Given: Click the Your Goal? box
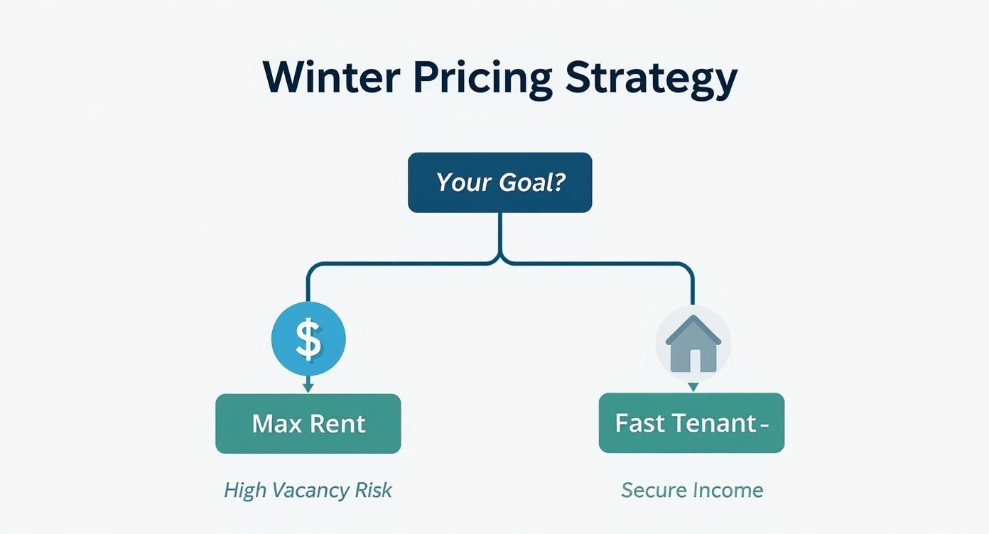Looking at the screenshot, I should click(499, 182).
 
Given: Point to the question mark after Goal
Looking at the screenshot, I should click(558, 182).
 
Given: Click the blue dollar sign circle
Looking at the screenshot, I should click(308, 339).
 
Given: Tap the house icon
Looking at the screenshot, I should click(693, 344).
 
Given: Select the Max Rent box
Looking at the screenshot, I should click(308, 424).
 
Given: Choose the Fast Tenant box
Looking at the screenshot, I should click(691, 423).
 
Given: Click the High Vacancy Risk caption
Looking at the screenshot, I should click(308, 490).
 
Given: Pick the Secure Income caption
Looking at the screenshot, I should click(692, 490).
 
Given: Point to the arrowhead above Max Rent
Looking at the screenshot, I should click(308, 388).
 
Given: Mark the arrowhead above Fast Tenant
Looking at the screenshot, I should click(693, 387).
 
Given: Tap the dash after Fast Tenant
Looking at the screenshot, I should click(764, 425).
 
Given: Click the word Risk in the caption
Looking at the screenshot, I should click(374, 490).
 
